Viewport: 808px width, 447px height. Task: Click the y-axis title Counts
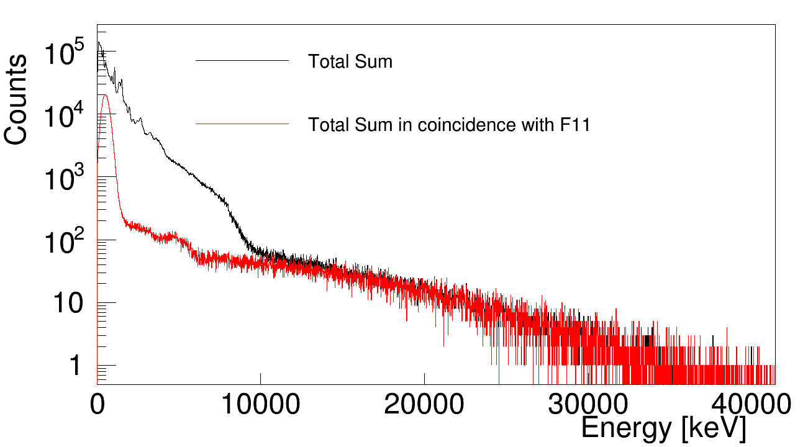16,99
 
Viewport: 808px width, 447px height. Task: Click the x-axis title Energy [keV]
663,428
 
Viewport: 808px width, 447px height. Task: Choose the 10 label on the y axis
65,304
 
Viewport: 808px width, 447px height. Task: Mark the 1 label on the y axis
75,366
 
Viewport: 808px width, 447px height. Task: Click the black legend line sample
242,61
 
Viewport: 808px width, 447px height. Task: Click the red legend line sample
242,125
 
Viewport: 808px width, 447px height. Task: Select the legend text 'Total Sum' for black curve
350,62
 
